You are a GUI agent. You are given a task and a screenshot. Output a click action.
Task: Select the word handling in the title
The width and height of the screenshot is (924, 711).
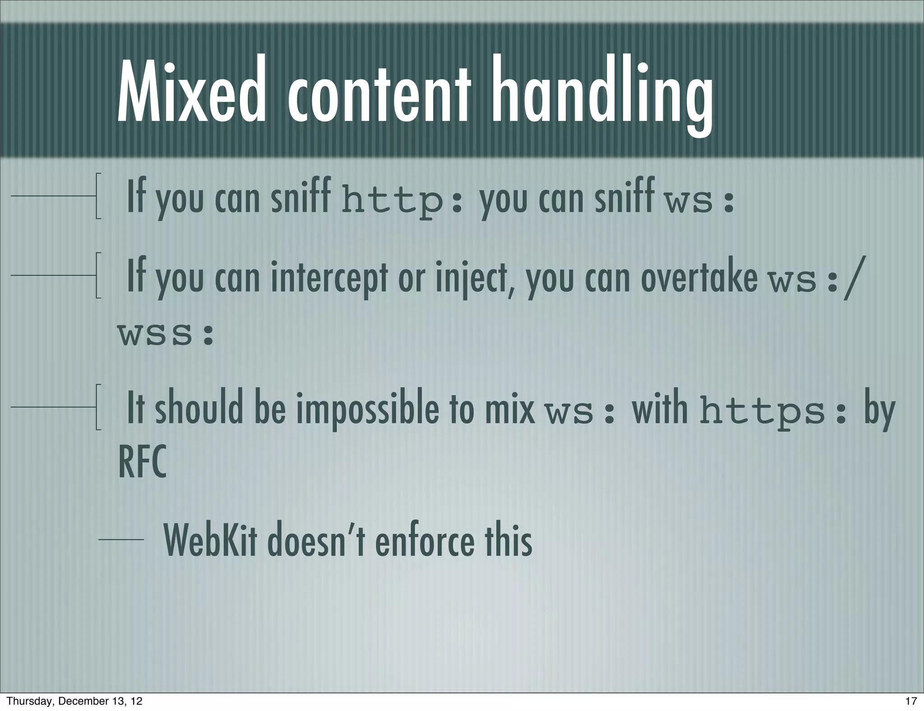[603, 95]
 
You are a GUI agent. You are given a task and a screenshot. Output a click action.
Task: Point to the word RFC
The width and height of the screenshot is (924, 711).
[142, 462]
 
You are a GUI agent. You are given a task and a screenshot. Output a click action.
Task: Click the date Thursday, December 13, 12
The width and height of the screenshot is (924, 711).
[74, 701]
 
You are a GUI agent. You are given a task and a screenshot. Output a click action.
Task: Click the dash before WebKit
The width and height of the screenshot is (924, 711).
[121, 539]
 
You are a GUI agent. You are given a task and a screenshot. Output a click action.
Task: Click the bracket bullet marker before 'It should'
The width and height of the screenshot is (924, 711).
[98, 407]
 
